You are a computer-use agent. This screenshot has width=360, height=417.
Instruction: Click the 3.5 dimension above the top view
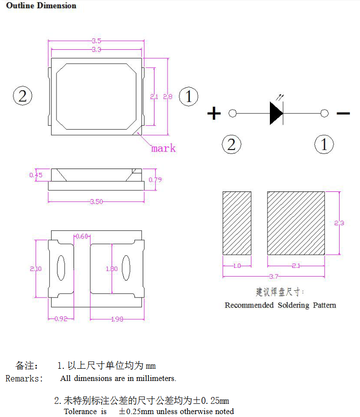(x=96, y=41)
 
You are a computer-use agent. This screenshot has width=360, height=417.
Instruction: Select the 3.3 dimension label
(x=96, y=50)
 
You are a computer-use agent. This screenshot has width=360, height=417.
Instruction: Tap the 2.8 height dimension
(x=168, y=96)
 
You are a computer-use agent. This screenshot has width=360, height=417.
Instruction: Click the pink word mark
(x=163, y=149)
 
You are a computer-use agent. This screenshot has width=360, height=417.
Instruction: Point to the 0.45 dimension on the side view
(x=36, y=175)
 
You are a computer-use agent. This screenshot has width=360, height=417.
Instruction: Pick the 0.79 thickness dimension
(x=155, y=180)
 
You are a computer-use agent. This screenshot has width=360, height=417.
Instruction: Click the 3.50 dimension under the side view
(x=96, y=202)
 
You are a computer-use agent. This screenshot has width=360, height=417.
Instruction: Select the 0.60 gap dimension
(x=82, y=236)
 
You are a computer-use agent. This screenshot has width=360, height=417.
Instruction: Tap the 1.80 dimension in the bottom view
(x=112, y=269)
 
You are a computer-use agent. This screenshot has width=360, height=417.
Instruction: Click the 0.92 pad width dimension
(x=61, y=319)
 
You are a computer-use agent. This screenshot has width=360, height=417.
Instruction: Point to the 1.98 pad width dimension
(x=117, y=319)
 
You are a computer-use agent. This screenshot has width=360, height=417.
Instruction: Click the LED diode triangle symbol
(x=276, y=114)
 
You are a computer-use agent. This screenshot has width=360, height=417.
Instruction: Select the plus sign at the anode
(x=214, y=114)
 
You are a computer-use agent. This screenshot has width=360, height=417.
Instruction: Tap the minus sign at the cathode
(x=343, y=114)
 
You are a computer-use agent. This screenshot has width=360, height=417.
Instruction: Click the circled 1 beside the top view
(x=189, y=96)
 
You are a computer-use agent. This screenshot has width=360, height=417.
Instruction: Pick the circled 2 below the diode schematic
(x=231, y=144)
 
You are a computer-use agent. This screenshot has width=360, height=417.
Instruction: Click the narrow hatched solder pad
(x=237, y=223)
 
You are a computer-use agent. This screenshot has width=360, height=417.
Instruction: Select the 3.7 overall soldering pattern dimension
(x=274, y=277)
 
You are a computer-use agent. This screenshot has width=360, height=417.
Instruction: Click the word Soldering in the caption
(x=294, y=305)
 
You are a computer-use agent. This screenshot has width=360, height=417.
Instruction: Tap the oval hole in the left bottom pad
(x=61, y=268)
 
